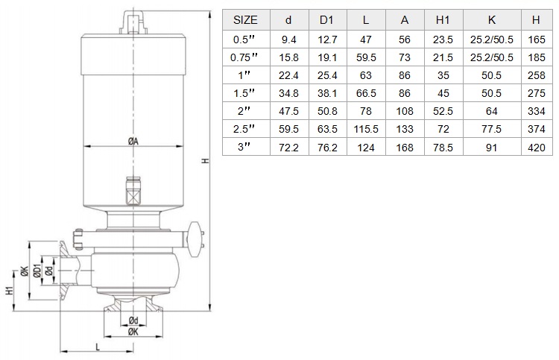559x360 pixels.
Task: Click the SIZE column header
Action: point(245,20)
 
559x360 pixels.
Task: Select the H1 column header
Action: point(443,20)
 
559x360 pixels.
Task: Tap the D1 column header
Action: point(327,20)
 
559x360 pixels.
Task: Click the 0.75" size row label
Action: point(244,57)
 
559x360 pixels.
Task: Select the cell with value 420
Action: point(536,148)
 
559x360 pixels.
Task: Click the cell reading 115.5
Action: point(366,129)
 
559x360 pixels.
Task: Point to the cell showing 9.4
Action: point(288,40)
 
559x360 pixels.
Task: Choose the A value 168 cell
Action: point(405,148)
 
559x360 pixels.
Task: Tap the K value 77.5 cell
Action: point(491,129)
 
